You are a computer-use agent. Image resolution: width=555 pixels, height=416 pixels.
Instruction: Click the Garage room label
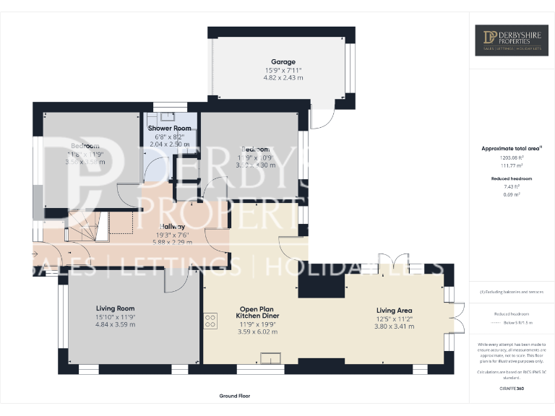pos(283,62)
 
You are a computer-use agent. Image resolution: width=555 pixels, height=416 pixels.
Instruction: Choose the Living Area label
pos(395,309)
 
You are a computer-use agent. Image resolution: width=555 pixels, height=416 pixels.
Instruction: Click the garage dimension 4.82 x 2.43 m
pos(283,77)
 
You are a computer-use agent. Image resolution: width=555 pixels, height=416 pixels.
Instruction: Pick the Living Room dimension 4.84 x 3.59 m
pos(116,324)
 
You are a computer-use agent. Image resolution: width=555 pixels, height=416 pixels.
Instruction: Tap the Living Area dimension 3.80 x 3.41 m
pos(395,326)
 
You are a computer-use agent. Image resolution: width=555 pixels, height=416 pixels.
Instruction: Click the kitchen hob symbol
pos(211,320)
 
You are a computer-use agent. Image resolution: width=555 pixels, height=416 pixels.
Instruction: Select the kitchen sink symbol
pos(271,357)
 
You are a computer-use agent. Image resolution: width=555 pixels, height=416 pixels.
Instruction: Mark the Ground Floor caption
pos(234,396)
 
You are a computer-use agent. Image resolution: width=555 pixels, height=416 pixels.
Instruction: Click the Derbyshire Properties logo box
pos(511,40)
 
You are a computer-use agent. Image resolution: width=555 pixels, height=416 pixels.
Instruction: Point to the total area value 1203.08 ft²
pos(512,157)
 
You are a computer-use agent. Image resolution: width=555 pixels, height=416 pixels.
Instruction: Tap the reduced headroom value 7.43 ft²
pos(512,186)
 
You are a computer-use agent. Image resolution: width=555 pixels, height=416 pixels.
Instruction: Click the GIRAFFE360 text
pos(512,389)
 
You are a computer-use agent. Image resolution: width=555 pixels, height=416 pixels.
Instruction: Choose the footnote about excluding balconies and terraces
pos(512,292)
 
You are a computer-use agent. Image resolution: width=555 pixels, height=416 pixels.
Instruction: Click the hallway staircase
pos(87,226)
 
